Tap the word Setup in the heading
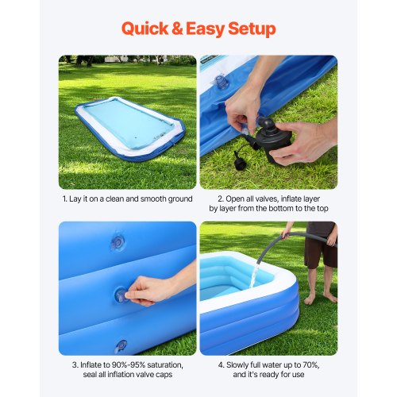point(247,29)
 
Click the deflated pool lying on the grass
point(130,128)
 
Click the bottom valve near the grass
point(120,346)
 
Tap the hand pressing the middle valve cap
point(151,290)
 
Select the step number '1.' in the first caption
point(65,197)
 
